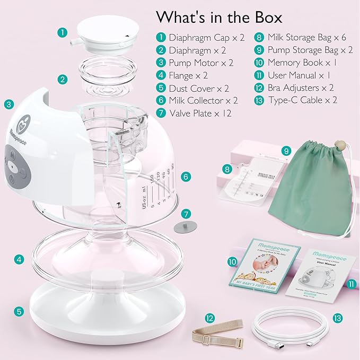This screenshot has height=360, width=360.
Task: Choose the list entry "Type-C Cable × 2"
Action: [301, 99]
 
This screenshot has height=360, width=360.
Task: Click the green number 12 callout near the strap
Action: [210, 318]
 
